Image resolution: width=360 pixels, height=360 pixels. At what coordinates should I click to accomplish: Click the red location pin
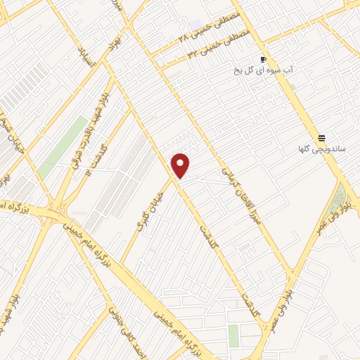(x=181, y=165)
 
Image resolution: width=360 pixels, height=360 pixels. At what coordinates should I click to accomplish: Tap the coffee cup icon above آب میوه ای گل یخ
(x=264, y=60)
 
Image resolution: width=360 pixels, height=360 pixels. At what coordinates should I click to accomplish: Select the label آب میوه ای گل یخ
(x=262, y=71)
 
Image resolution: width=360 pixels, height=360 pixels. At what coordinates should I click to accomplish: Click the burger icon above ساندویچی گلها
(x=322, y=138)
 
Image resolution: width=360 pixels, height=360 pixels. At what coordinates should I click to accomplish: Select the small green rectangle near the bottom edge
(x=233, y=336)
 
